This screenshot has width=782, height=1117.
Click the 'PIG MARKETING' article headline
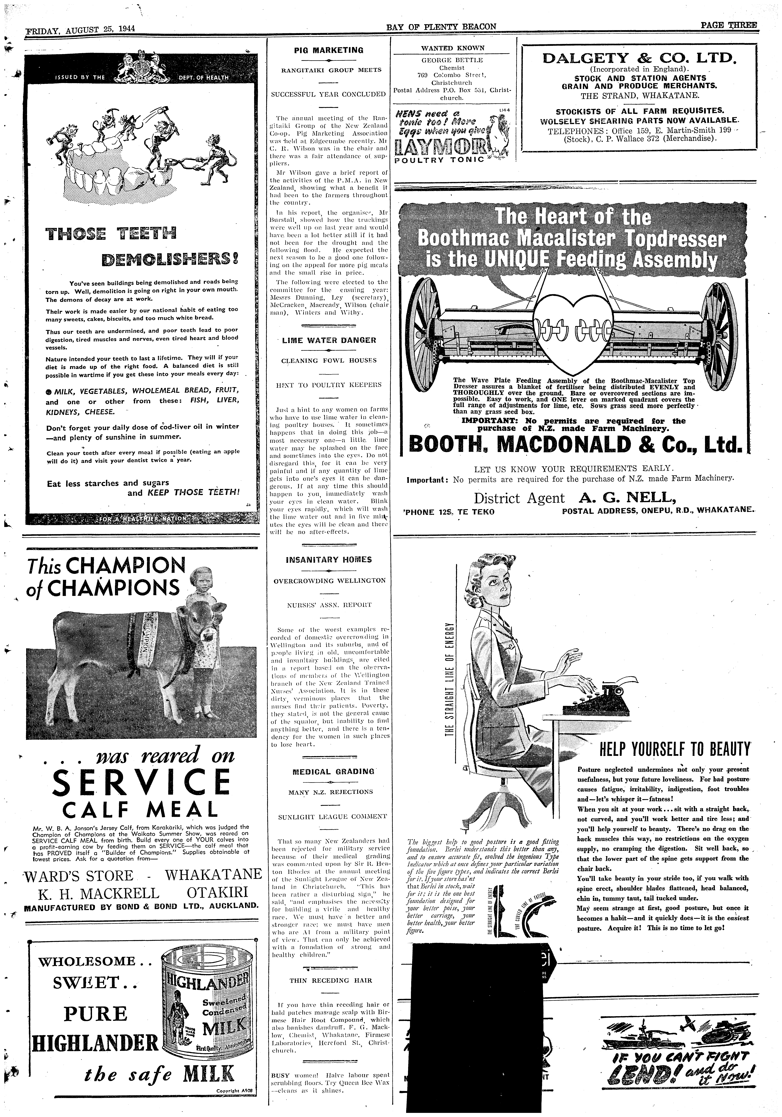[329, 50]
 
